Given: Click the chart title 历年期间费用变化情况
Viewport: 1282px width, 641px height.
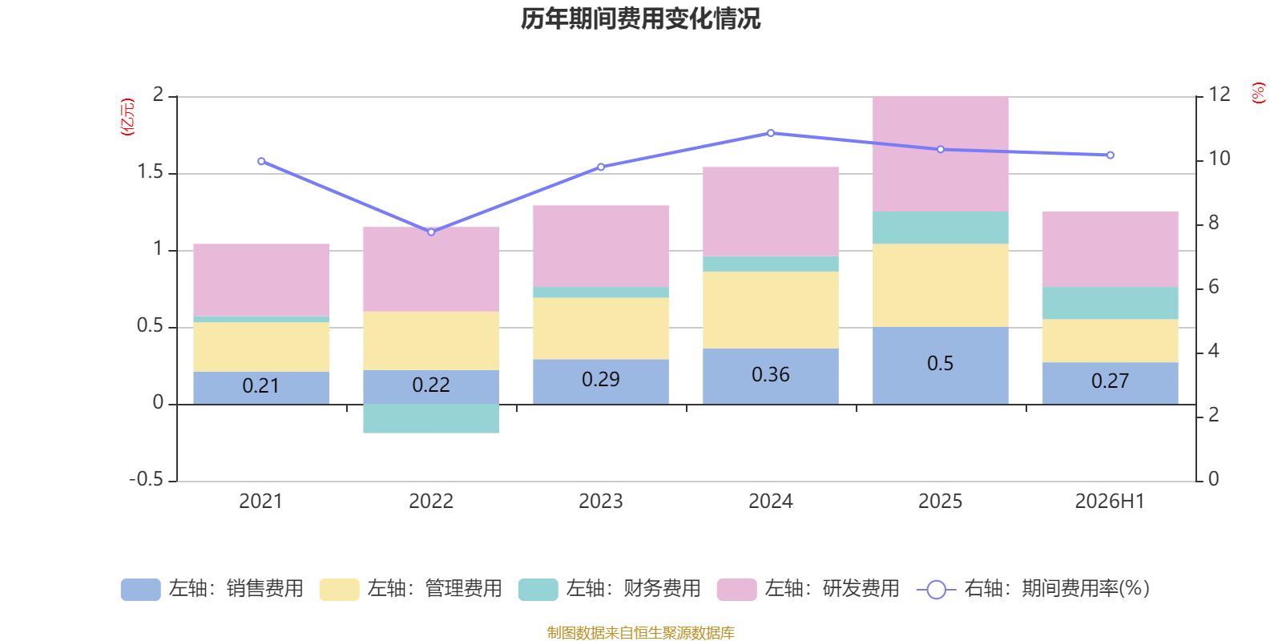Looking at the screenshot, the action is pyautogui.click(x=640, y=19).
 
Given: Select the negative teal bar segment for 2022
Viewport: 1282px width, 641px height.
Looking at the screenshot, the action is pyautogui.click(x=431, y=418).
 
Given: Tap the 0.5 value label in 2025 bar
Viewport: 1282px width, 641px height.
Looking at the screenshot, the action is pyautogui.click(x=941, y=364).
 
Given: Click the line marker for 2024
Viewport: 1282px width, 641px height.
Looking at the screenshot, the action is pyautogui.click(x=770, y=133).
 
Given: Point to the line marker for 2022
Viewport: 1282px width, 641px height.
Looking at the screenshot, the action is pyautogui.click(x=431, y=232).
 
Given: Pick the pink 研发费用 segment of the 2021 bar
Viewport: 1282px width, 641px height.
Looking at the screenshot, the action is pyautogui.click(x=261, y=280).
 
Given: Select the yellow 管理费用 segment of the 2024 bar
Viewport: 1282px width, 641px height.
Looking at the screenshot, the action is pyautogui.click(x=770, y=309).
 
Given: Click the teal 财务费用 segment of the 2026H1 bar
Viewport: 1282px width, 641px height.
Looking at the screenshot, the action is pyautogui.click(x=1111, y=303).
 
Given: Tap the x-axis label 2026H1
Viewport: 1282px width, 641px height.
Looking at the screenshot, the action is pyautogui.click(x=1110, y=502).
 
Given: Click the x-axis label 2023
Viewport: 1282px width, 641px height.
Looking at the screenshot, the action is pyautogui.click(x=600, y=502).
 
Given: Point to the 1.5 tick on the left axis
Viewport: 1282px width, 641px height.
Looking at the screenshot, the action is pyautogui.click(x=150, y=171).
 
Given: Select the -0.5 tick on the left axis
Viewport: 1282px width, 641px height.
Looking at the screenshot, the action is pyautogui.click(x=146, y=479).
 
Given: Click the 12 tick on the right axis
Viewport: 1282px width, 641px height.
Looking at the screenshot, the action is pyautogui.click(x=1219, y=94).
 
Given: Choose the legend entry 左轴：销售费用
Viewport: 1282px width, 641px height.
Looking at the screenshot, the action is pyautogui.click(x=212, y=589).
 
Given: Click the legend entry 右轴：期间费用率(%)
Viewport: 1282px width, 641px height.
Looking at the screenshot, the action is pyautogui.click(x=1033, y=589).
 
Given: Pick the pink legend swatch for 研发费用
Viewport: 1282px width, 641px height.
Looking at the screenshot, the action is pyautogui.click(x=736, y=590).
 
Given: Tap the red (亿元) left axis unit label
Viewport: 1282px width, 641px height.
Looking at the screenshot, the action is pyautogui.click(x=127, y=117).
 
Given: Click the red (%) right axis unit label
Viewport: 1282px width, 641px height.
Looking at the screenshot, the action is pyautogui.click(x=1259, y=93).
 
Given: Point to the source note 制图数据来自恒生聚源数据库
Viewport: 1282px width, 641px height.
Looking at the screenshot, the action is pyautogui.click(x=640, y=632).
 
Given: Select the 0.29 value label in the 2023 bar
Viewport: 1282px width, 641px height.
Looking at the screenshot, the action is pyautogui.click(x=600, y=380).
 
